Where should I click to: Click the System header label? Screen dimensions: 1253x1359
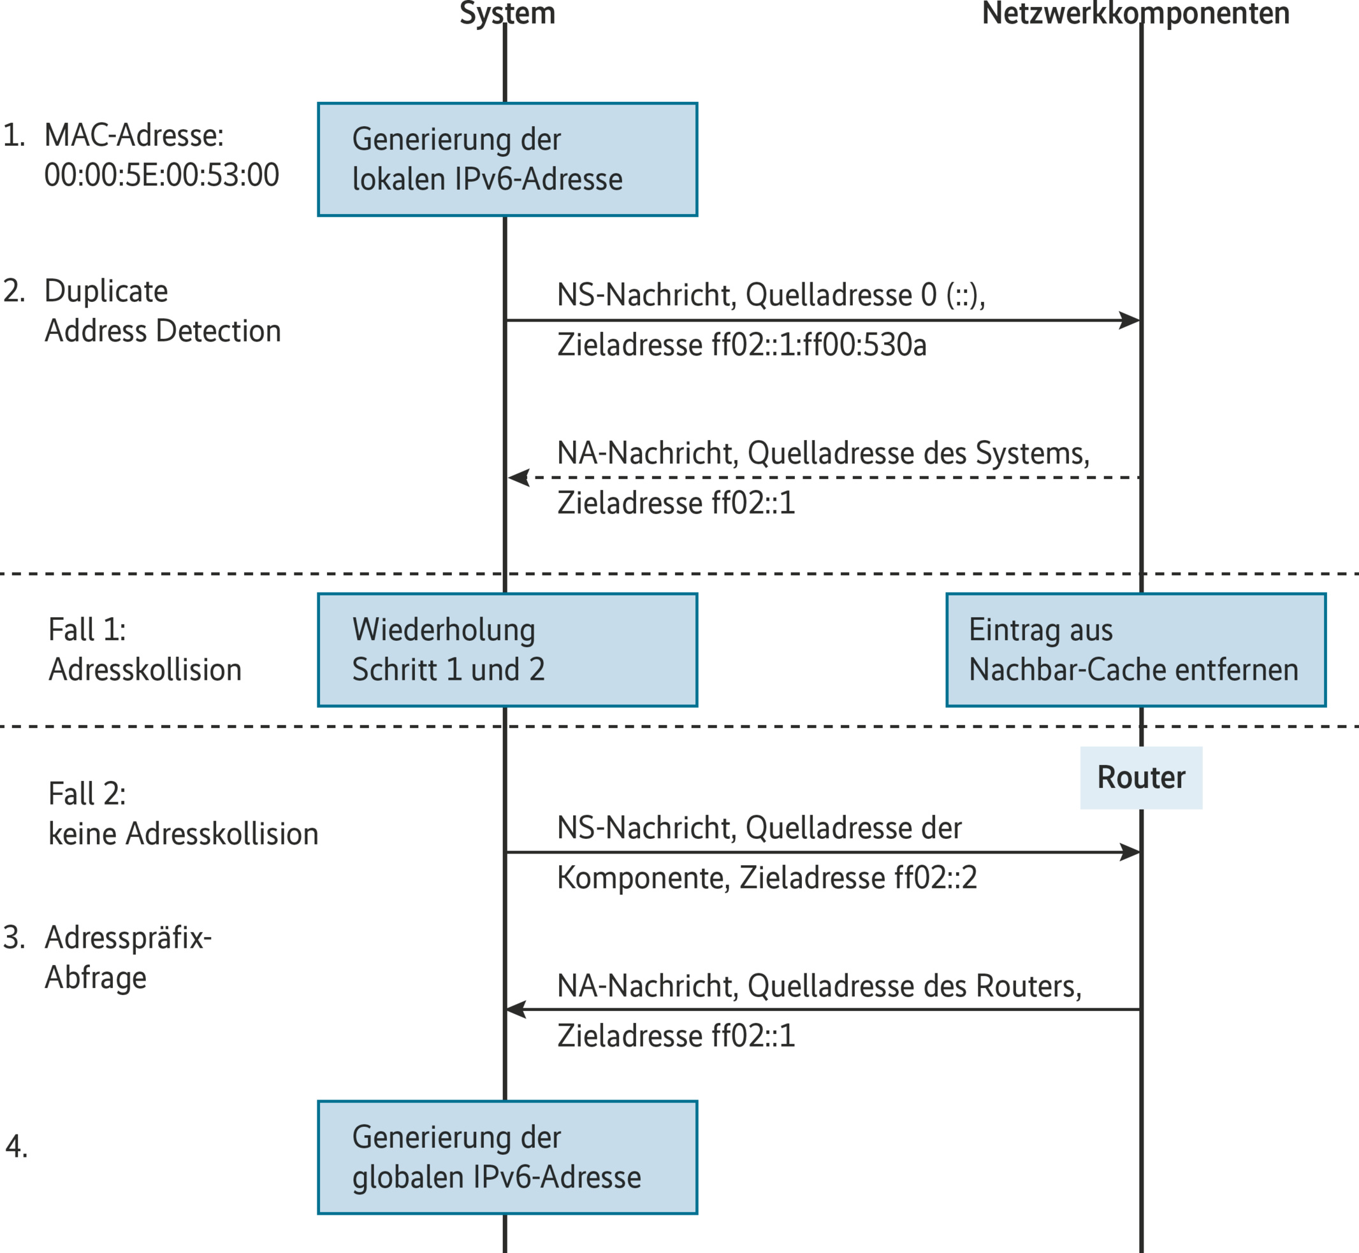tap(507, 13)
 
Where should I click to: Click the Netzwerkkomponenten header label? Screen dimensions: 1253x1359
tap(1135, 13)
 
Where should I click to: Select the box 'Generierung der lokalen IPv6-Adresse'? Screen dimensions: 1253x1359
tap(507, 159)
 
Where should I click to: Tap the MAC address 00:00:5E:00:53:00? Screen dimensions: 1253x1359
tap(161, 175)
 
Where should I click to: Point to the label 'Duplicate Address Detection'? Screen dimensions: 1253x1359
tap(161, 310)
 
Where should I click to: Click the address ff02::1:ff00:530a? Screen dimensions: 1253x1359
tap(818, 345)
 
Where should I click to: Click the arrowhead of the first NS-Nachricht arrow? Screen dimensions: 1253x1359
tap(1129, 320)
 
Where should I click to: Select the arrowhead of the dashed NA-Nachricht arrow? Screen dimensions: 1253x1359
tap(519, 477)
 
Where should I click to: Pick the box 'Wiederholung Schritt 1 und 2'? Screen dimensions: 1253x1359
tap(507, 650)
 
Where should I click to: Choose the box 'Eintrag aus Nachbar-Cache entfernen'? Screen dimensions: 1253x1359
tap(1135, 650)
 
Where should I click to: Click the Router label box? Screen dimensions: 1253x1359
tap(1140, 777)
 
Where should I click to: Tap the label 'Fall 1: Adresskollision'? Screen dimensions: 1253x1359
tap(145, 650)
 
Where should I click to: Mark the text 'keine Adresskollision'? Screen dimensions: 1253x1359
tap(183, 834)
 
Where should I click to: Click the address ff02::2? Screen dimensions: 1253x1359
tap(935, 878)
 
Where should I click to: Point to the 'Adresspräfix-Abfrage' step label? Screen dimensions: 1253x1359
tap(127, 957)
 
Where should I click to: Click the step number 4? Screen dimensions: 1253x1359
tap(17, 1147)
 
